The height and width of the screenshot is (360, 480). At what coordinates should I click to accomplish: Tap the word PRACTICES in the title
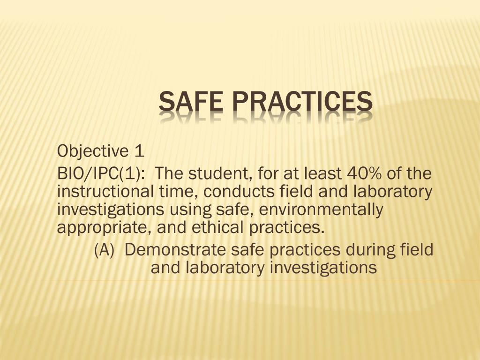300,102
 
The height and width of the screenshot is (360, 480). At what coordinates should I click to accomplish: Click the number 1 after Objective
138,151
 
